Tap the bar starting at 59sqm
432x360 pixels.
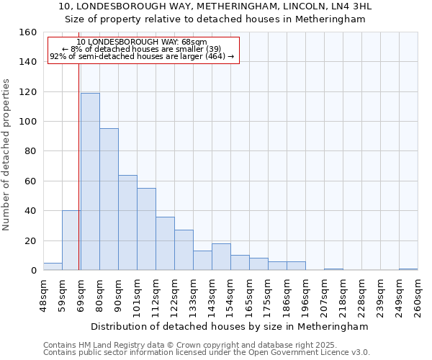(x=71, y=240)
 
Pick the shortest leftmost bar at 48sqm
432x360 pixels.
(x=53, y=266)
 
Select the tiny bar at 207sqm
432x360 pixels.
(x=333, y=269)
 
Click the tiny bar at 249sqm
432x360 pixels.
(x=408, y=269)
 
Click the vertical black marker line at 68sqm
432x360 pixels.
(x=78, y=180)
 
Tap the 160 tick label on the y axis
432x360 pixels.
(x=27, y=32)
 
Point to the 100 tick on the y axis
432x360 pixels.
(x=27, y=122)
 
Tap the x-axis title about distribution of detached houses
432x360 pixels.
(x=230, y=326)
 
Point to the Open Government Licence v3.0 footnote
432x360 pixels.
(x=207, y=352)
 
